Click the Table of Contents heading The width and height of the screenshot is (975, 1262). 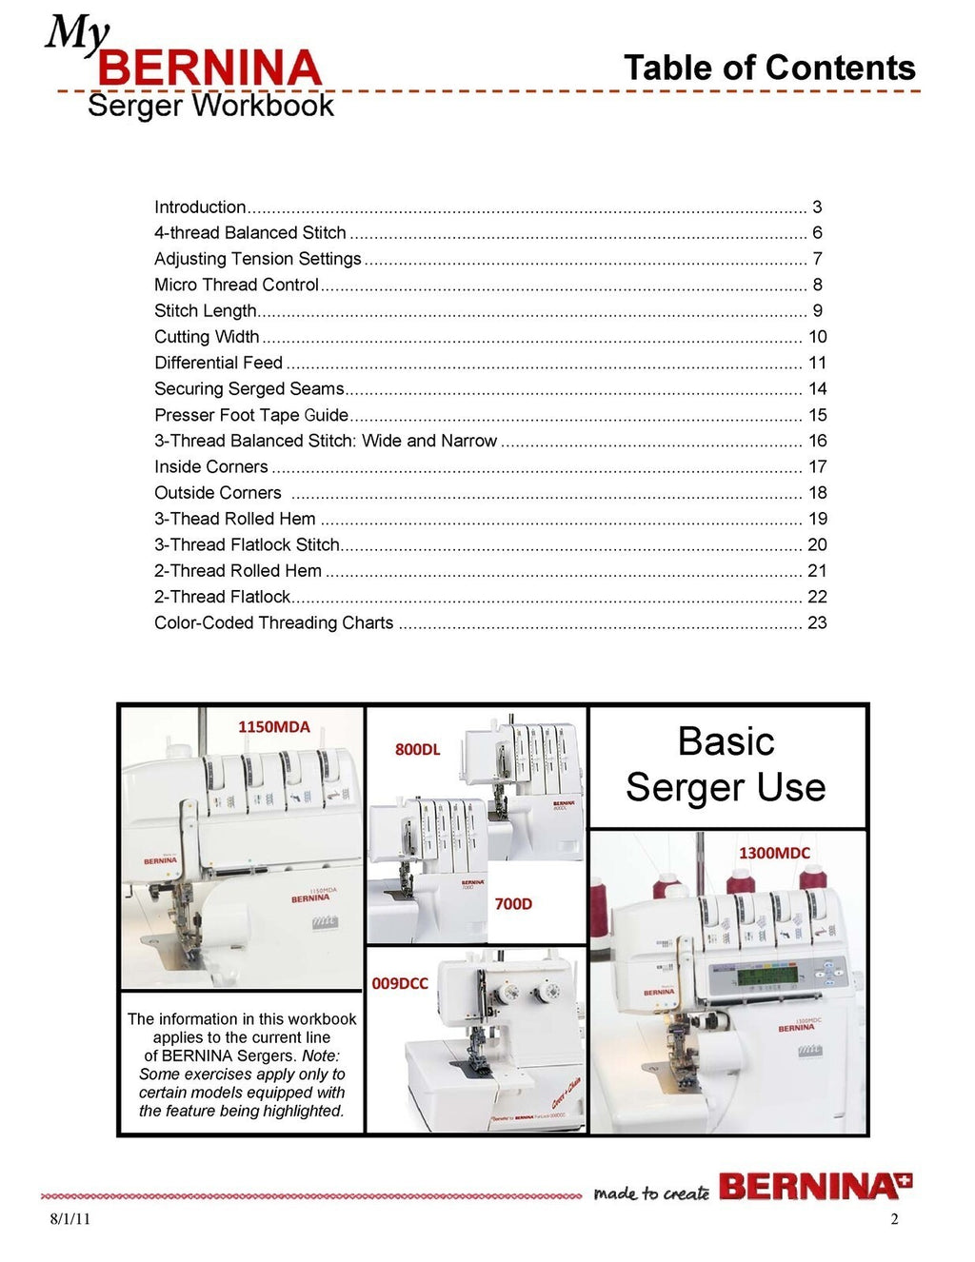(x=768, y=68)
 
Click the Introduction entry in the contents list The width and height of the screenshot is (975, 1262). (x=200, y=207)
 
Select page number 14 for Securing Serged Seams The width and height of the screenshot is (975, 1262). (x=817, y=388)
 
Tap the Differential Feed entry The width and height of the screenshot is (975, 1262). (x=218, y=363)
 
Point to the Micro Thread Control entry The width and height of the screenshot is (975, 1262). (x=236, y=285)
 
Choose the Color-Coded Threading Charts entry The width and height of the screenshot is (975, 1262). (x=273, y=622)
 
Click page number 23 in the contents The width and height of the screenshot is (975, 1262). (x=817, y=622)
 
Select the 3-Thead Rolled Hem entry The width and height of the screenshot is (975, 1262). (x=234, y=519)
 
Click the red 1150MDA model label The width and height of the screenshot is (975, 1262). (x=273, y=726)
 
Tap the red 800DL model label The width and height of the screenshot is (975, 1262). (x=417, y=749)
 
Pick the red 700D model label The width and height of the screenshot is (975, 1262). (x=513, y=903)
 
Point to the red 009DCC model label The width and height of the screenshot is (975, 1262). (x=400, y=983)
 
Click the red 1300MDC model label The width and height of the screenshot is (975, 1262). (x=774, y=853)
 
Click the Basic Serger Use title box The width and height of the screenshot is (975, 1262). (x=726, y=765)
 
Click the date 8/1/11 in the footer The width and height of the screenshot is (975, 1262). (x=70, y=1219)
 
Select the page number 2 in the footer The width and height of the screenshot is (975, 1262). (x=894, y=1219)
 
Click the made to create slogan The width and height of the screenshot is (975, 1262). (x=651, y=1193)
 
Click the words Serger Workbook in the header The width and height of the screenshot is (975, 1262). (x=210, y=106)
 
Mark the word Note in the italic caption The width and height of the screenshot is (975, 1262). (x=320, y=1055)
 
